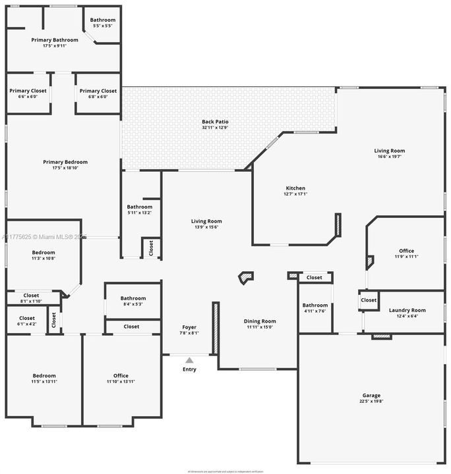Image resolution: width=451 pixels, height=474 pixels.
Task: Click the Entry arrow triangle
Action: pos(189,360)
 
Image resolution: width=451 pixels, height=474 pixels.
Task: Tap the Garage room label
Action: pos(372,395)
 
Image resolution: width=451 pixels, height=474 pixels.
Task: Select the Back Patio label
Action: pos(215,122)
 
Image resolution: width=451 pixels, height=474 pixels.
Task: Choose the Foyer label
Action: pos(189,327)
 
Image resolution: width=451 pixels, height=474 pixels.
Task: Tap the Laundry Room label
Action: pos(407,310)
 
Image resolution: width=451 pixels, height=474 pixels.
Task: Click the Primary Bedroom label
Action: pos(65,162)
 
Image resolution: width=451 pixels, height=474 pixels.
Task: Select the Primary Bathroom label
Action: pos(55,40)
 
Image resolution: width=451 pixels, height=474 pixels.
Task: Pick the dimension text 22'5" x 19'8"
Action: pos(372,401)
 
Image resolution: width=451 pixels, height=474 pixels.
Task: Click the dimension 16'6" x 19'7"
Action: pos(390,157)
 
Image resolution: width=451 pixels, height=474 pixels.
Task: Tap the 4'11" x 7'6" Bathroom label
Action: pos(315,305)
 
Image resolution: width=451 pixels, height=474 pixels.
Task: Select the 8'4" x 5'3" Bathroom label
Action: pos(133,298)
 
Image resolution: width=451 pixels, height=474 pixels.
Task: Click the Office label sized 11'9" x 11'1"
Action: pos(406,251)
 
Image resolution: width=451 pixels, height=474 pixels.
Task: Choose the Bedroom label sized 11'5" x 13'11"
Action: pos(44,376)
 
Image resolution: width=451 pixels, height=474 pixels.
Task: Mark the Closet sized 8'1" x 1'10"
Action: pos(32,296)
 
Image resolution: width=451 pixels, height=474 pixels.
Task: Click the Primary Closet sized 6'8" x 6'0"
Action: pos(98,91)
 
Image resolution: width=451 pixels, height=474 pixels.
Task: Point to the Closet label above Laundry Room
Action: pos(369,300)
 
